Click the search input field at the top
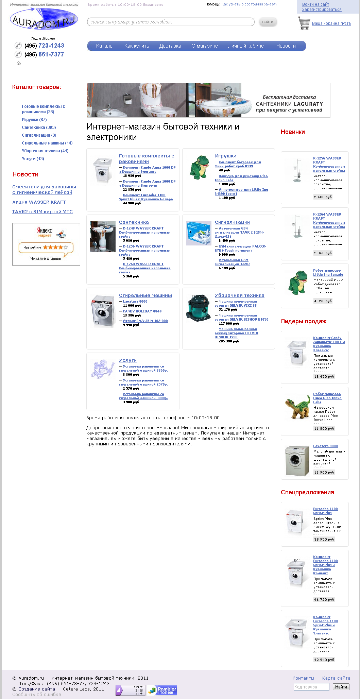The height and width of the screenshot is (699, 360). point(171,22)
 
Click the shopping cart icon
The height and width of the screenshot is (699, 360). point(304,23)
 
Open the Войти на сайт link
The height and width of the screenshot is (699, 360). point(315,4)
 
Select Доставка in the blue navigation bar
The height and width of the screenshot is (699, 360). point(170,46)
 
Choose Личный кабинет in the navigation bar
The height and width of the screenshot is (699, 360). point(247,46)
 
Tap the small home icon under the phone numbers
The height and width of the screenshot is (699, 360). point(19,63)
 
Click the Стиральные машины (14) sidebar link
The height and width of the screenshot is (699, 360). point(47,143)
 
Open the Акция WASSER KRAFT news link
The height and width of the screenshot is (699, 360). point(39,202)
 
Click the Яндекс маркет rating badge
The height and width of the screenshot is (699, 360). point(46,244)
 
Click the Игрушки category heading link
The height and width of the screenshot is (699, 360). point(225,156)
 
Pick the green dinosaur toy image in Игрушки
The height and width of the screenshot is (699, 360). point(199,167)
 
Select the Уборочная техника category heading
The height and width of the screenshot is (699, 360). point(239,295)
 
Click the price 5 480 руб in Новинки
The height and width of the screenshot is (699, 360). point(323,197)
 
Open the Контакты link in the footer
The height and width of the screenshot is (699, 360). point(303,678)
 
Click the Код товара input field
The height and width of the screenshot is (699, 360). point(311,687)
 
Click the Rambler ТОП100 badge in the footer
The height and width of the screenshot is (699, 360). point(162,690)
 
